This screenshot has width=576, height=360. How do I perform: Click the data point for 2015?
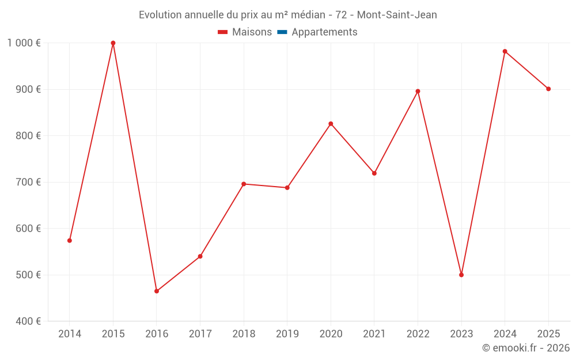113,43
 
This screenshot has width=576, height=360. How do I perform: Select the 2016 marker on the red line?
157,291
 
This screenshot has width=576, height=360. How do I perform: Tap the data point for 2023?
461,275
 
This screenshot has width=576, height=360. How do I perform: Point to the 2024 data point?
505,51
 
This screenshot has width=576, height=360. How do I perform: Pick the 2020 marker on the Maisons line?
331,124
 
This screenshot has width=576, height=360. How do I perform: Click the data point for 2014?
70,241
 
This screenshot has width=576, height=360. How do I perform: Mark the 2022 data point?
418,91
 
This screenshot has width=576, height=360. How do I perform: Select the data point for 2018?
244,184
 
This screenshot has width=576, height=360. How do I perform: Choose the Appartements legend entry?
324,32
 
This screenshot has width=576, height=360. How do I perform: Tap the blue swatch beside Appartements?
282,32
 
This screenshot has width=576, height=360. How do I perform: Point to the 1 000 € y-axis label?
24,43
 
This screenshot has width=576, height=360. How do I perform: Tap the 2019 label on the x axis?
287,334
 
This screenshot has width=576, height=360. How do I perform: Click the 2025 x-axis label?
548,334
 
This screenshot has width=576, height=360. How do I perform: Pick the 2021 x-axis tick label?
374,334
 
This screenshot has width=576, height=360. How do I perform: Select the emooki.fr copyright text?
526,348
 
